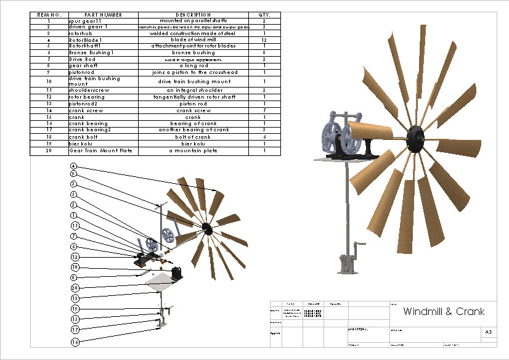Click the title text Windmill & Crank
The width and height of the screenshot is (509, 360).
444,311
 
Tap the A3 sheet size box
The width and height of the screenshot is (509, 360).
488,332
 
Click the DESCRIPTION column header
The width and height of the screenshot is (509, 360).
193,15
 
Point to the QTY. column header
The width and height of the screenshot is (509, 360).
264,15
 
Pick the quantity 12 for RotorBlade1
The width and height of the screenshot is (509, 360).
264,40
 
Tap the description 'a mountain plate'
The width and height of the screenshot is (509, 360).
193,150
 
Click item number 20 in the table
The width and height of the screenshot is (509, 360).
49,150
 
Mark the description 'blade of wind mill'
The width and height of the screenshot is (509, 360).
193,40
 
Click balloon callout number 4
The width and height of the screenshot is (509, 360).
73,166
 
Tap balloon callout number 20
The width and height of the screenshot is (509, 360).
75,288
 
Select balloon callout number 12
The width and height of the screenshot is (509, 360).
75,256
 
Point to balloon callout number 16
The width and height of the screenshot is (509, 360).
75,341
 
